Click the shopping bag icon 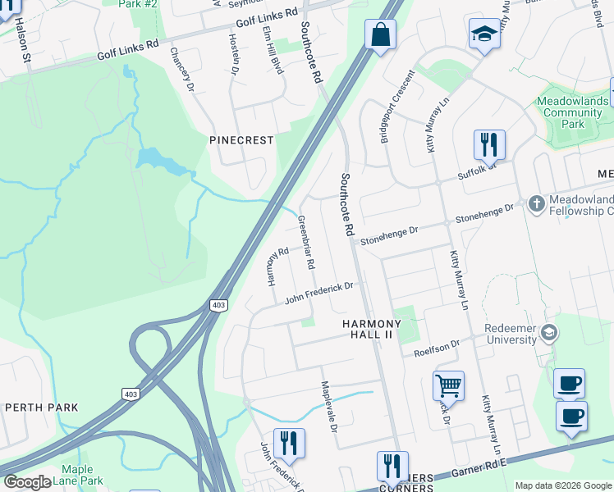coord(380,35)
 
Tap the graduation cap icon coord(484,34)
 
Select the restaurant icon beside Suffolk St coord(489,145)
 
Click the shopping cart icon coord(448,385)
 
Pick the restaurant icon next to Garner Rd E coord(392,466)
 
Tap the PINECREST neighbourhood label coord(241,140)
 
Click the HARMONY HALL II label coord(373,329)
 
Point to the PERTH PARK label coord(41,408)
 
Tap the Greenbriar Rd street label coord(306,243)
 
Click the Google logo coord(27,482)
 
